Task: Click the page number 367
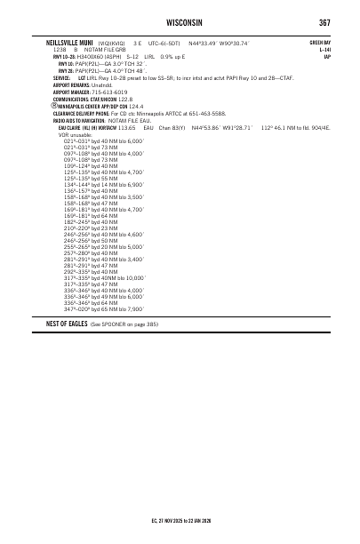pyautogui.click(x=325, y=20)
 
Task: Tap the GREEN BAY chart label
pyautogui.click(x=320, y=41)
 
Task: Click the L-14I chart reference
pyautogui.click(x=325, y=49)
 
